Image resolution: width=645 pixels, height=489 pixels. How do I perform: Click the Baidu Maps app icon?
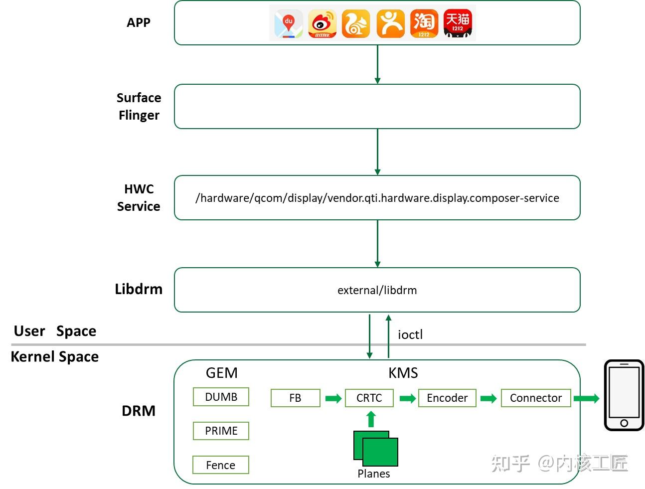click(x=288, y=23)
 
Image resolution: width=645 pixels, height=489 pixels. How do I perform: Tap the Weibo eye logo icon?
click(x=322, y=23)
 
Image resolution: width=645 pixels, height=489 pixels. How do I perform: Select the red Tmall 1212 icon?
click(x=457, y=23)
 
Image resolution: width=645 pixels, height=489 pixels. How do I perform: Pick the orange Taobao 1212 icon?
click(x=424, y=23)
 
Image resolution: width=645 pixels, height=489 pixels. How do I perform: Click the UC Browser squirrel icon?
click(x=355, y=23)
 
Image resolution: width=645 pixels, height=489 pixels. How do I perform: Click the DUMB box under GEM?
click(x=221, y=396)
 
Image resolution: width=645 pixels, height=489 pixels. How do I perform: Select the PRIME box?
click(x=221, y=431)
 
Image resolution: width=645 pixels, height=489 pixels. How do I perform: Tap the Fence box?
click(x=220, y=465)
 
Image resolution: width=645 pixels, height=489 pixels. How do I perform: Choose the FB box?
click(x=295, y=398)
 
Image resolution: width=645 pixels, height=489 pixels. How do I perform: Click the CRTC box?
click(x=369, y=398)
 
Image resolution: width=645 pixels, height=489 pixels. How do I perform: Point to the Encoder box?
click(x=447, y=398)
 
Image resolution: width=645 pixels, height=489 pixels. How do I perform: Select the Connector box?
click(x=536, y=398)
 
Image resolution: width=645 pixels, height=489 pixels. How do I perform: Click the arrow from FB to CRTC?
click(x=333, y=398)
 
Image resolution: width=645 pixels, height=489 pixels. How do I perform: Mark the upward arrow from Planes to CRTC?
click(x=371, y=419)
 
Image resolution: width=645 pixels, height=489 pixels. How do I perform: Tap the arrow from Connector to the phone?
click(x=586, y=398)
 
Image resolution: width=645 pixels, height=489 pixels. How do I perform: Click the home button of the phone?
click(x=624, y=423)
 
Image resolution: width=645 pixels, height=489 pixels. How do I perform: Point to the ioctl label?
click(x=410, y=334)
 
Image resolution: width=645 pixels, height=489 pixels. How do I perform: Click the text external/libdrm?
click(x=377, y=290)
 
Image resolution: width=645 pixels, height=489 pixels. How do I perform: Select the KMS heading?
click(x=403, y=373)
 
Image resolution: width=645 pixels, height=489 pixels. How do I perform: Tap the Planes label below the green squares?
click(x=373, y=474)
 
